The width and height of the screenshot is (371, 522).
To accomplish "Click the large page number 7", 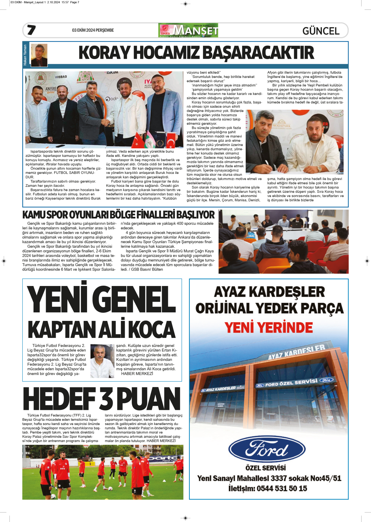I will click(31, 30).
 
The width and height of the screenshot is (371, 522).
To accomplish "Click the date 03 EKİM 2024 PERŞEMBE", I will click(93, 30).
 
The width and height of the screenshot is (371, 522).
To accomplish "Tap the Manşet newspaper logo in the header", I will click(188, 30).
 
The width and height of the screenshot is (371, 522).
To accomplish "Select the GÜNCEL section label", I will click(321, 31).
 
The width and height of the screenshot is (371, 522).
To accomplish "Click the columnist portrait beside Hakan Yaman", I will click(39, 55).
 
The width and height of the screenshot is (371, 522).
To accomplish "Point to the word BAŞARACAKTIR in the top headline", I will click(259, 53).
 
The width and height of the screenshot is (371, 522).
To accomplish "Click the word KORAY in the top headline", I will click(104, 53).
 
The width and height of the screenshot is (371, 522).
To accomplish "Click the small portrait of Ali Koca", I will click(102, 361).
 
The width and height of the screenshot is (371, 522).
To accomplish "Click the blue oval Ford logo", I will click(267, 450).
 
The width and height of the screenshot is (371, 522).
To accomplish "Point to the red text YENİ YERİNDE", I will click(269, 327).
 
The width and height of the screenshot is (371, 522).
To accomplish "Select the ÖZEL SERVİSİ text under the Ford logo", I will click(266, 468).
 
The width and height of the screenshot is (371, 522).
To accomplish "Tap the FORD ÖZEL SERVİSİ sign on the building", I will click(291, 383).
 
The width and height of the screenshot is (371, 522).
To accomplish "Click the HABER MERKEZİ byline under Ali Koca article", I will click(137, 374).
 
